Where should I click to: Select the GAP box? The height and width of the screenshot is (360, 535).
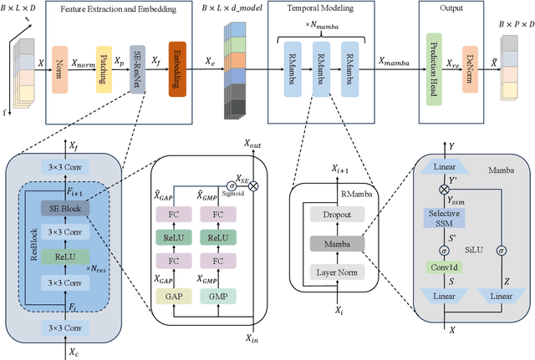173,297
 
